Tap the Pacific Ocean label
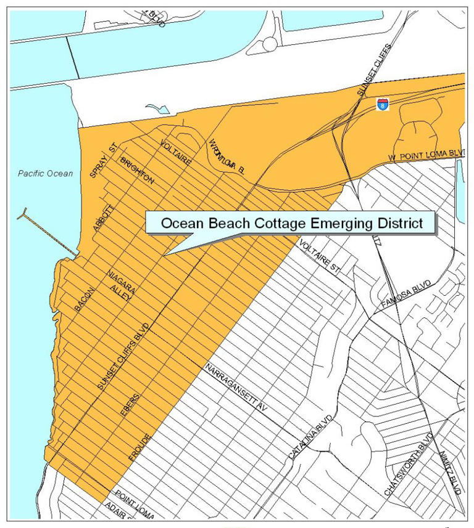pyautogui.click(x=45, y=173)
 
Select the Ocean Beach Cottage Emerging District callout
pyautogui.click(x=292, y=224)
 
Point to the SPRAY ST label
pyautogui.click(x=104, y=162)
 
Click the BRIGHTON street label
pyautogui.click(x=137, y=171)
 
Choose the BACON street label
pyautogui.click(x=83, y=298)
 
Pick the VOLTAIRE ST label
pyautogui.click(x=321, y=258)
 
